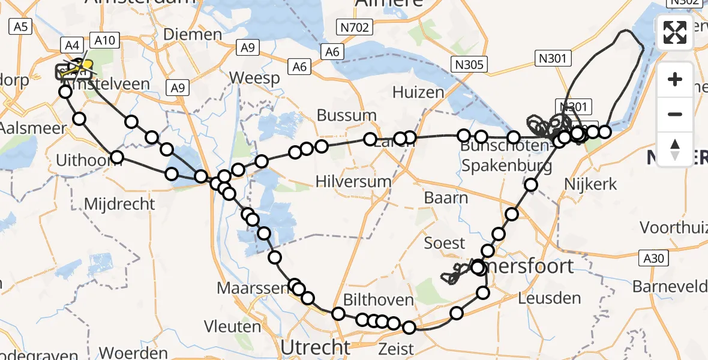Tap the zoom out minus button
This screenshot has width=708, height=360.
675,114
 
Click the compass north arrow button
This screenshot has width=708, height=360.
675,148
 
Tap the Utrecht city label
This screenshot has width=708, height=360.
316,347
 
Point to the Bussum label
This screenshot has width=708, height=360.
347,115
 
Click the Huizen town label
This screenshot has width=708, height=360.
418,92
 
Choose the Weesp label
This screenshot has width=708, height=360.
254,79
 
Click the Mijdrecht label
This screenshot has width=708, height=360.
119,204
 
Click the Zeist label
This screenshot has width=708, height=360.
396,349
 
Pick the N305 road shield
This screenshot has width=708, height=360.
470,64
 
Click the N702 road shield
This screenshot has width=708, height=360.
356,27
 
